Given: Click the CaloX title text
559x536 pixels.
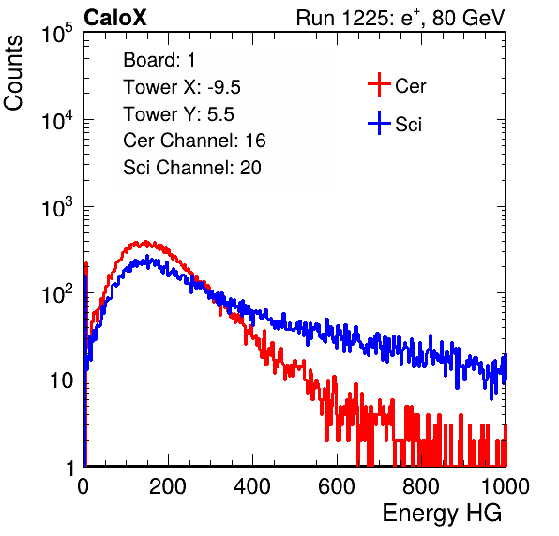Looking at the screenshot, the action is [x=115, y=18].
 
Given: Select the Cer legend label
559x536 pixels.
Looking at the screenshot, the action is [x=410, y=86].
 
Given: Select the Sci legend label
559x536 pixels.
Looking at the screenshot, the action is [x=409, y=125].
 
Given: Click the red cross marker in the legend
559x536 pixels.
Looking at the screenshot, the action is [x=379, y=84].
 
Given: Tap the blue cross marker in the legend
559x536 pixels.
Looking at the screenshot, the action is [x=379, y=123].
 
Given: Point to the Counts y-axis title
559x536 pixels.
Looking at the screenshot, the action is [x=13, y=72].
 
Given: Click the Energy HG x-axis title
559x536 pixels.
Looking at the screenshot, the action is [x=442, y=514].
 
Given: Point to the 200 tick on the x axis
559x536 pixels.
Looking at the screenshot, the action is [x=168, y=486].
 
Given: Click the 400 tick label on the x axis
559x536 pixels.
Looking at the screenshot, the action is [x=252, y=486].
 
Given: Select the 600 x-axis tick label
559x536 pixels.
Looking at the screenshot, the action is [x=337, y=486].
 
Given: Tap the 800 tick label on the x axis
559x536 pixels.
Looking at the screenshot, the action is [x=421, y=486].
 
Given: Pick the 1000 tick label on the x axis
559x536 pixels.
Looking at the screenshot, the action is [x=506, y=486].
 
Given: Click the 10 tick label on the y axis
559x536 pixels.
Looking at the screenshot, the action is [x=62, y=380].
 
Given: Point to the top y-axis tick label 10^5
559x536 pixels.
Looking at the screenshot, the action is [x=57, y=33].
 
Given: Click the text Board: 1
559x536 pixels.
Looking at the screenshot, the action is [x=159, y=60].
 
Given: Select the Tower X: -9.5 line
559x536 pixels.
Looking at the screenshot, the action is [x=182, y=87].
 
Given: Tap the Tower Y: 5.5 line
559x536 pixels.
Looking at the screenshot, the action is [x=178, y=114].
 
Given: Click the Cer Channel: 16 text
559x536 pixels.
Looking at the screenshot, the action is [x=194, y=141].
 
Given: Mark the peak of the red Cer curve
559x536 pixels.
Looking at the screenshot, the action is [x=145, y=242].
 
